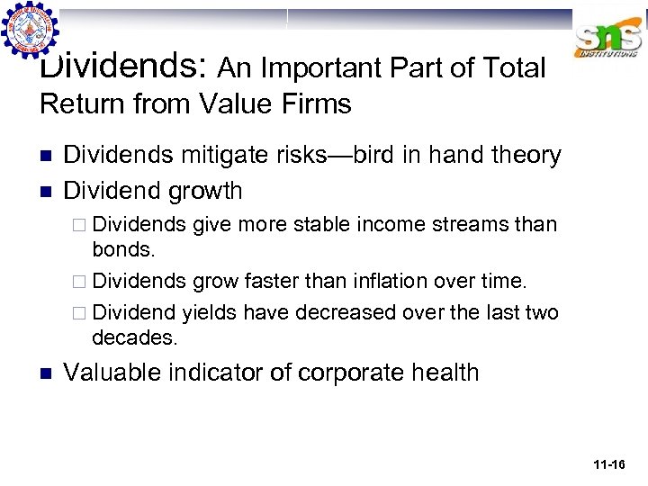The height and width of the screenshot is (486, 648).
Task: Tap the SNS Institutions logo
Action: [609, 40]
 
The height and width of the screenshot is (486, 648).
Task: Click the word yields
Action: [210, 313]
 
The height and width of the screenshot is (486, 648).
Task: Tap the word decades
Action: [134, 337]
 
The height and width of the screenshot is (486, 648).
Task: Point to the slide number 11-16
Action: [609, 464]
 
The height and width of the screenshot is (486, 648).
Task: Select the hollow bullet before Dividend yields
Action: [82, 313]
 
